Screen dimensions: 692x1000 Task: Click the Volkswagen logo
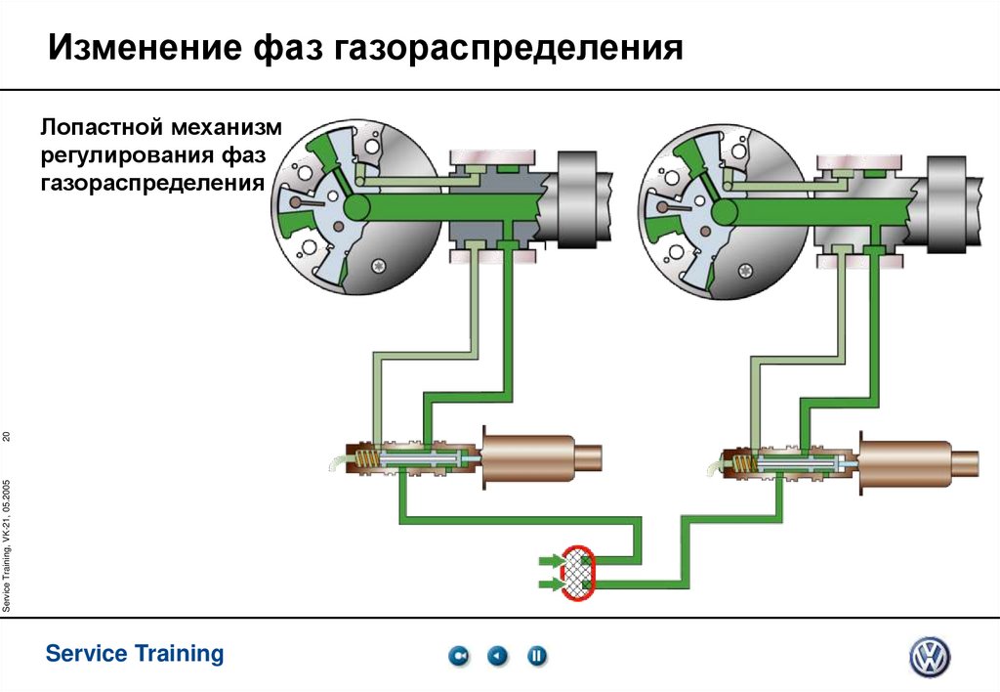point(929,657)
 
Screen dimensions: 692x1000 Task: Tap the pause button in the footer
point(537,657)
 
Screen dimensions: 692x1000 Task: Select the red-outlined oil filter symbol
point(579,573)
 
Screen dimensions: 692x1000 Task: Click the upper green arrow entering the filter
point(551,561)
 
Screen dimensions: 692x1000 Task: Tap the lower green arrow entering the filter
point(551,584)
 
